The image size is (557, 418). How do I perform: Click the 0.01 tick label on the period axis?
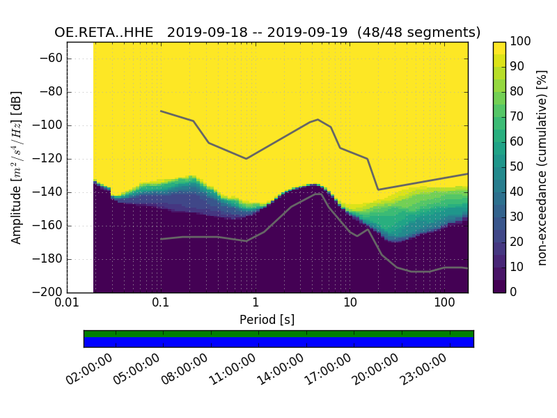(67, 303)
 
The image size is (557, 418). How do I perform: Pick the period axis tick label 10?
(350, 303)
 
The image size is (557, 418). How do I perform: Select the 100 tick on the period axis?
(444, 303)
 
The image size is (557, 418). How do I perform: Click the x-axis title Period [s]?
(267, 320)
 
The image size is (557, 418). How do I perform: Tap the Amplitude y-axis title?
(17, 167)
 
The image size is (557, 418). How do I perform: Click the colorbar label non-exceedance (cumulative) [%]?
(542, 167)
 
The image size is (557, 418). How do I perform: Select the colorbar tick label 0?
(514, 292)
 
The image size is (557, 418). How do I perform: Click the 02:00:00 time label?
(90, 369)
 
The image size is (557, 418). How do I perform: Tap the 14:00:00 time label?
(281, 369)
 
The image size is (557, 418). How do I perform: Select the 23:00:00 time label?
(423, 369)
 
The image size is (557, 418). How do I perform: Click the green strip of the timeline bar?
(278, 334)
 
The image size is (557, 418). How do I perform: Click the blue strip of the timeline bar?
(278, 341)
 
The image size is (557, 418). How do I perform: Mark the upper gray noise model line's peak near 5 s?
(318, 119)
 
